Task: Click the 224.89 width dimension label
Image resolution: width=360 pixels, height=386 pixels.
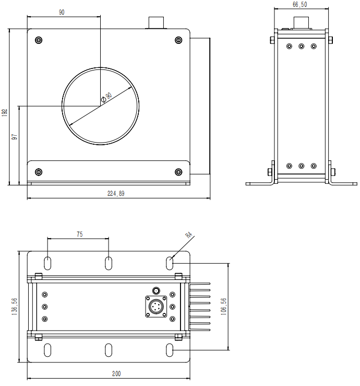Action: coord(116,193)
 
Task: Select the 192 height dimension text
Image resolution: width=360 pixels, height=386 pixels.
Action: coord(5,112)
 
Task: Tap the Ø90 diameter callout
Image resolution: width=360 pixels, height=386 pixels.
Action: coord(106,98)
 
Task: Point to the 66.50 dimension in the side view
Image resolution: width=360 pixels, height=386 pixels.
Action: coord(300,4)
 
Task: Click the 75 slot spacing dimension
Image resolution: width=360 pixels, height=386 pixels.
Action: coord(80,234)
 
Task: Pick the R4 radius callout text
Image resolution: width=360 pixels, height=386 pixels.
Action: coord(188,235)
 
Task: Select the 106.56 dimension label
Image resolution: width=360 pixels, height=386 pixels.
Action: coord(223,307)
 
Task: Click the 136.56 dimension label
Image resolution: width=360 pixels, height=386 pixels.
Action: coord(14,307)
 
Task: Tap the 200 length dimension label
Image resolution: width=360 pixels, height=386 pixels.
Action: coord(116,373)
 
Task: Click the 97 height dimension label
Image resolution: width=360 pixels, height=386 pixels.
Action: coord(15,137)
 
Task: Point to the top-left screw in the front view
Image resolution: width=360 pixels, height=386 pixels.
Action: coord(39,40)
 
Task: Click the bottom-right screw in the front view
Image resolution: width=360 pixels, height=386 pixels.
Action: coord(178,172)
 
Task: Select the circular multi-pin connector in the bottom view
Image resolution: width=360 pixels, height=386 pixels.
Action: coord(156,307)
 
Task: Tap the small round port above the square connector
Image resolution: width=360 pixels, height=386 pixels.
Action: coord(156,291)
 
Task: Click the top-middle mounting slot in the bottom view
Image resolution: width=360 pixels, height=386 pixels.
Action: coord(109,263)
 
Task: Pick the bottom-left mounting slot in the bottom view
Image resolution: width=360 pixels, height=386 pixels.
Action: coord(47,350)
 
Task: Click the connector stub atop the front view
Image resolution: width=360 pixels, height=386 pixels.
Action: coord(156,22)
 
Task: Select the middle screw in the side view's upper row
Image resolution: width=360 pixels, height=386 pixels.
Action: coord(302,46)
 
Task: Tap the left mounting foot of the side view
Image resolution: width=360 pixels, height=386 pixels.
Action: coord(260,183)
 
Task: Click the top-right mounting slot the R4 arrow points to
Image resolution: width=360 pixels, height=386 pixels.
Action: coord(170,263)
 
